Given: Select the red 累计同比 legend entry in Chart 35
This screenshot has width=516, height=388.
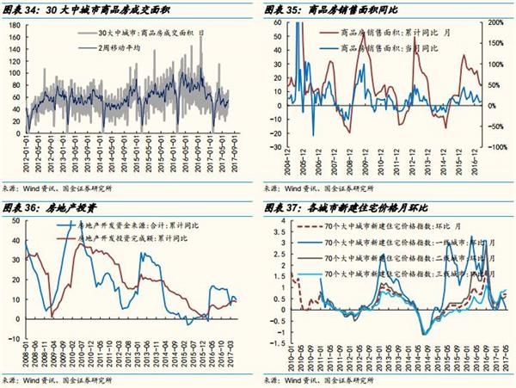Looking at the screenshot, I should (x=384, y=33).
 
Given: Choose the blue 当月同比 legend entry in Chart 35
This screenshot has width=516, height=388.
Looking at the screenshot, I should (x=384, y=47).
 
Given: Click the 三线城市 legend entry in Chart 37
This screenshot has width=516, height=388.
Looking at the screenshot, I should (x=421, y=271).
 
